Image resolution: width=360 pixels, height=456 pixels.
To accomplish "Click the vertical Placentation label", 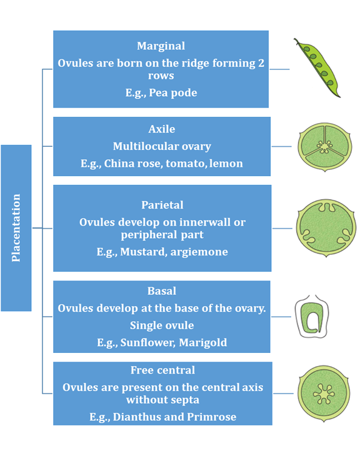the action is click(16, 228).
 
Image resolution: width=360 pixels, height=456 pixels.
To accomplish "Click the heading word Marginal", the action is click(161, 46).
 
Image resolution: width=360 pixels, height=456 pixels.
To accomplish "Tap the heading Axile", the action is click(162, 129).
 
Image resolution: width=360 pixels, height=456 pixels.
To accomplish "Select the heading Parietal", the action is click(162, 205).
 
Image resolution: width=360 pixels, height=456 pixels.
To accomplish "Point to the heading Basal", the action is click(162, 291).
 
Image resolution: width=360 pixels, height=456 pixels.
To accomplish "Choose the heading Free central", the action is click(162, 370).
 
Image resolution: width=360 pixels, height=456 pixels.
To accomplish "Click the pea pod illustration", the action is click(317, 67).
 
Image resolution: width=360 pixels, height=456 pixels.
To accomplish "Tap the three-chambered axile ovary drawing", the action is click(325, 147).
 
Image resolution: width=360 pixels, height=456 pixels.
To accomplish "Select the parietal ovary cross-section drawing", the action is click(326, 228).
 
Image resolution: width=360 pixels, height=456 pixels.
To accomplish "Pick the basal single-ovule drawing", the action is click(312, 317).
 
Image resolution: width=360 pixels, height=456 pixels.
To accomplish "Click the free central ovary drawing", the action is click(324, 394).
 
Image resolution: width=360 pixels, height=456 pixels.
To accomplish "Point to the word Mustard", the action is click(144, 252).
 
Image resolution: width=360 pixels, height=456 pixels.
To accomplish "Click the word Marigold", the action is click(203, 342).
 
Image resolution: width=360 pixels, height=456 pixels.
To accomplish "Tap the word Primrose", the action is click(212, 417).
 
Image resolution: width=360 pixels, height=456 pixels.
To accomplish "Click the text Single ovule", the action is click(162, 325).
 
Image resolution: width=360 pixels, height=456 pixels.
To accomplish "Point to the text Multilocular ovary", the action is click(162, 146).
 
